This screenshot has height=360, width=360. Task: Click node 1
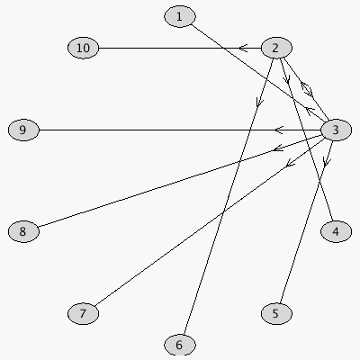pyautogui.click(x=180, y=17)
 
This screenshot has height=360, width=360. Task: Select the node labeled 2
pyautogui.click(x=276, y=48)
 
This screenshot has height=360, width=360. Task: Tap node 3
pyautogui.click(x=336, y=130)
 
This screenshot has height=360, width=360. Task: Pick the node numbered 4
pyautogui.click(x=336, y=231)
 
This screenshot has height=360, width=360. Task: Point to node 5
pyautogui.click(x=276, y=313)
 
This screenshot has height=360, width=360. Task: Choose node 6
pyautogui.click(x=180, y=345)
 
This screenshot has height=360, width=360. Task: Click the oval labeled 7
pyautogui.click(x=83, y=313)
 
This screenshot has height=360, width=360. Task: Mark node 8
pyautogui.click(x=23, y=231)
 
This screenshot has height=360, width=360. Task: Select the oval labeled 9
pyautogui.click(x=23, y=130)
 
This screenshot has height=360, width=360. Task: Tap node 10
pyautogui.click(x=83, y=48)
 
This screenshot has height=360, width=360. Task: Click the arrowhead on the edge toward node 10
pyautogui.click(x=243, y=48)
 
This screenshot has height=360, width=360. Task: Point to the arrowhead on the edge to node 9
pyautogui.click(x=279, y=130)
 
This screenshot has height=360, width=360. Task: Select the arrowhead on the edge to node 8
pyautogui.click(x=278, y=148)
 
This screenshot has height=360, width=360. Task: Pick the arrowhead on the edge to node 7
pyautogui.click(x=290, y=163)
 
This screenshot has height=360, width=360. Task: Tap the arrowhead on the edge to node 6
pyautogui.click(x=259, y=103)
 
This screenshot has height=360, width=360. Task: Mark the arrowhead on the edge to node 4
pyautogui.click(x=286, y=79)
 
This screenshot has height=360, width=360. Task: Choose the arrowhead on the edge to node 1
pyautogui.click(x=309, y=111)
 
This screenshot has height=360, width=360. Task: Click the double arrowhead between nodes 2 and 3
pyautogui.click(x=307, y=89)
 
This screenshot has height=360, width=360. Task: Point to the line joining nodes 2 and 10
pyautogui.click(x=180, y=48)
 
